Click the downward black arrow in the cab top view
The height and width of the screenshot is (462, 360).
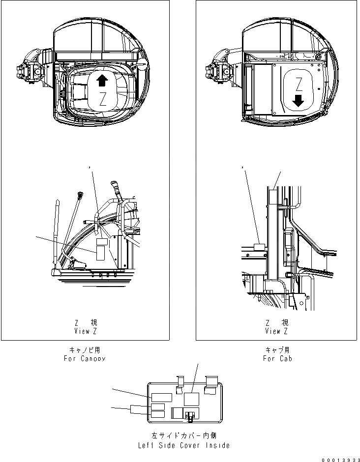[298, 101]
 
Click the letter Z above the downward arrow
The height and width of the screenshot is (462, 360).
[298, 82]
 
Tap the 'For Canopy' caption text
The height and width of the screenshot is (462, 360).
[84, 358]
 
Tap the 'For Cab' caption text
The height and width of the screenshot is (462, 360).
[277, 358]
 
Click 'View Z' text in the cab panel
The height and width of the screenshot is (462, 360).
[277, 331]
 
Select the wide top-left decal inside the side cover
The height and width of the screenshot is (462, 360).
[160, 397]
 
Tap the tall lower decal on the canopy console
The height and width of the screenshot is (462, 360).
[100, 253]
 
